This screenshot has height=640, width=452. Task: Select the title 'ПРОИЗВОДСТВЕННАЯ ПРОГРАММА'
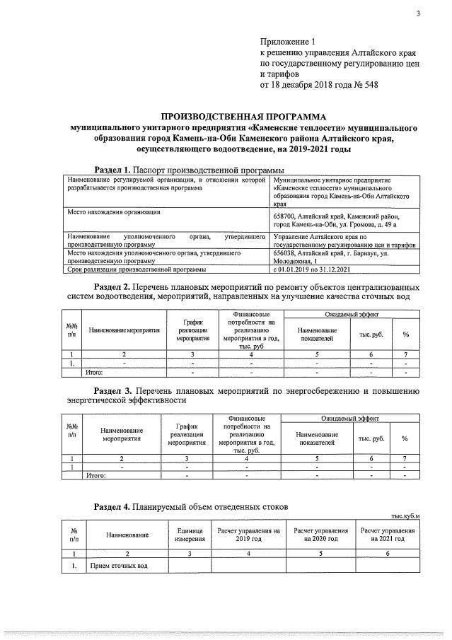[243, 116]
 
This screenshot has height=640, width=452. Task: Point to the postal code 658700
[284, 216]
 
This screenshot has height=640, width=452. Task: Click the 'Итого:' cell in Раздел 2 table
[94, 371]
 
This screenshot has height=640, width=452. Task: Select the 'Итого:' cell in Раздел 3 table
[95, 476]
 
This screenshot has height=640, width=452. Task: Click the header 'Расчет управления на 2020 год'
[320, 535]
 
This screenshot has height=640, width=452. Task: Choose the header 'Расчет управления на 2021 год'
[388, 535]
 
